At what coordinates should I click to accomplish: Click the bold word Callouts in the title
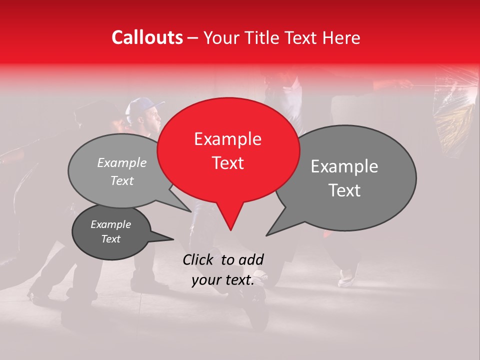[x=147, y=37]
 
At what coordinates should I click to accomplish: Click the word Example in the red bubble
[x=227, y=139]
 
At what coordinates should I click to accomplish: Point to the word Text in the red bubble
[x=227, y=163]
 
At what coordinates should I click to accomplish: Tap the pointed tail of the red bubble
[x=230, y=222]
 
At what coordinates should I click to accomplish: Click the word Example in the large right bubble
[x=344, y=166]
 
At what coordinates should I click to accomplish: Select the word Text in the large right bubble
[x=344, y=190]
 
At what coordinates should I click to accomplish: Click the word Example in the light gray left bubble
[x=122, y=162]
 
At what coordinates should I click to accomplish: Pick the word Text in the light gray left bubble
[x=122, y=180]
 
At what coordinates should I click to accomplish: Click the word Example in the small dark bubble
[x=111, y=224]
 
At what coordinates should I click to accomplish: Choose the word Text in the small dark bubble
[x=111, y=239]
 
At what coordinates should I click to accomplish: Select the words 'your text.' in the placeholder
[x=223, y=280]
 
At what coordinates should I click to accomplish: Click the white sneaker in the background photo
[x=346, y=278]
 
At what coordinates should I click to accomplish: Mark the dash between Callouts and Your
[x=193, y=38]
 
